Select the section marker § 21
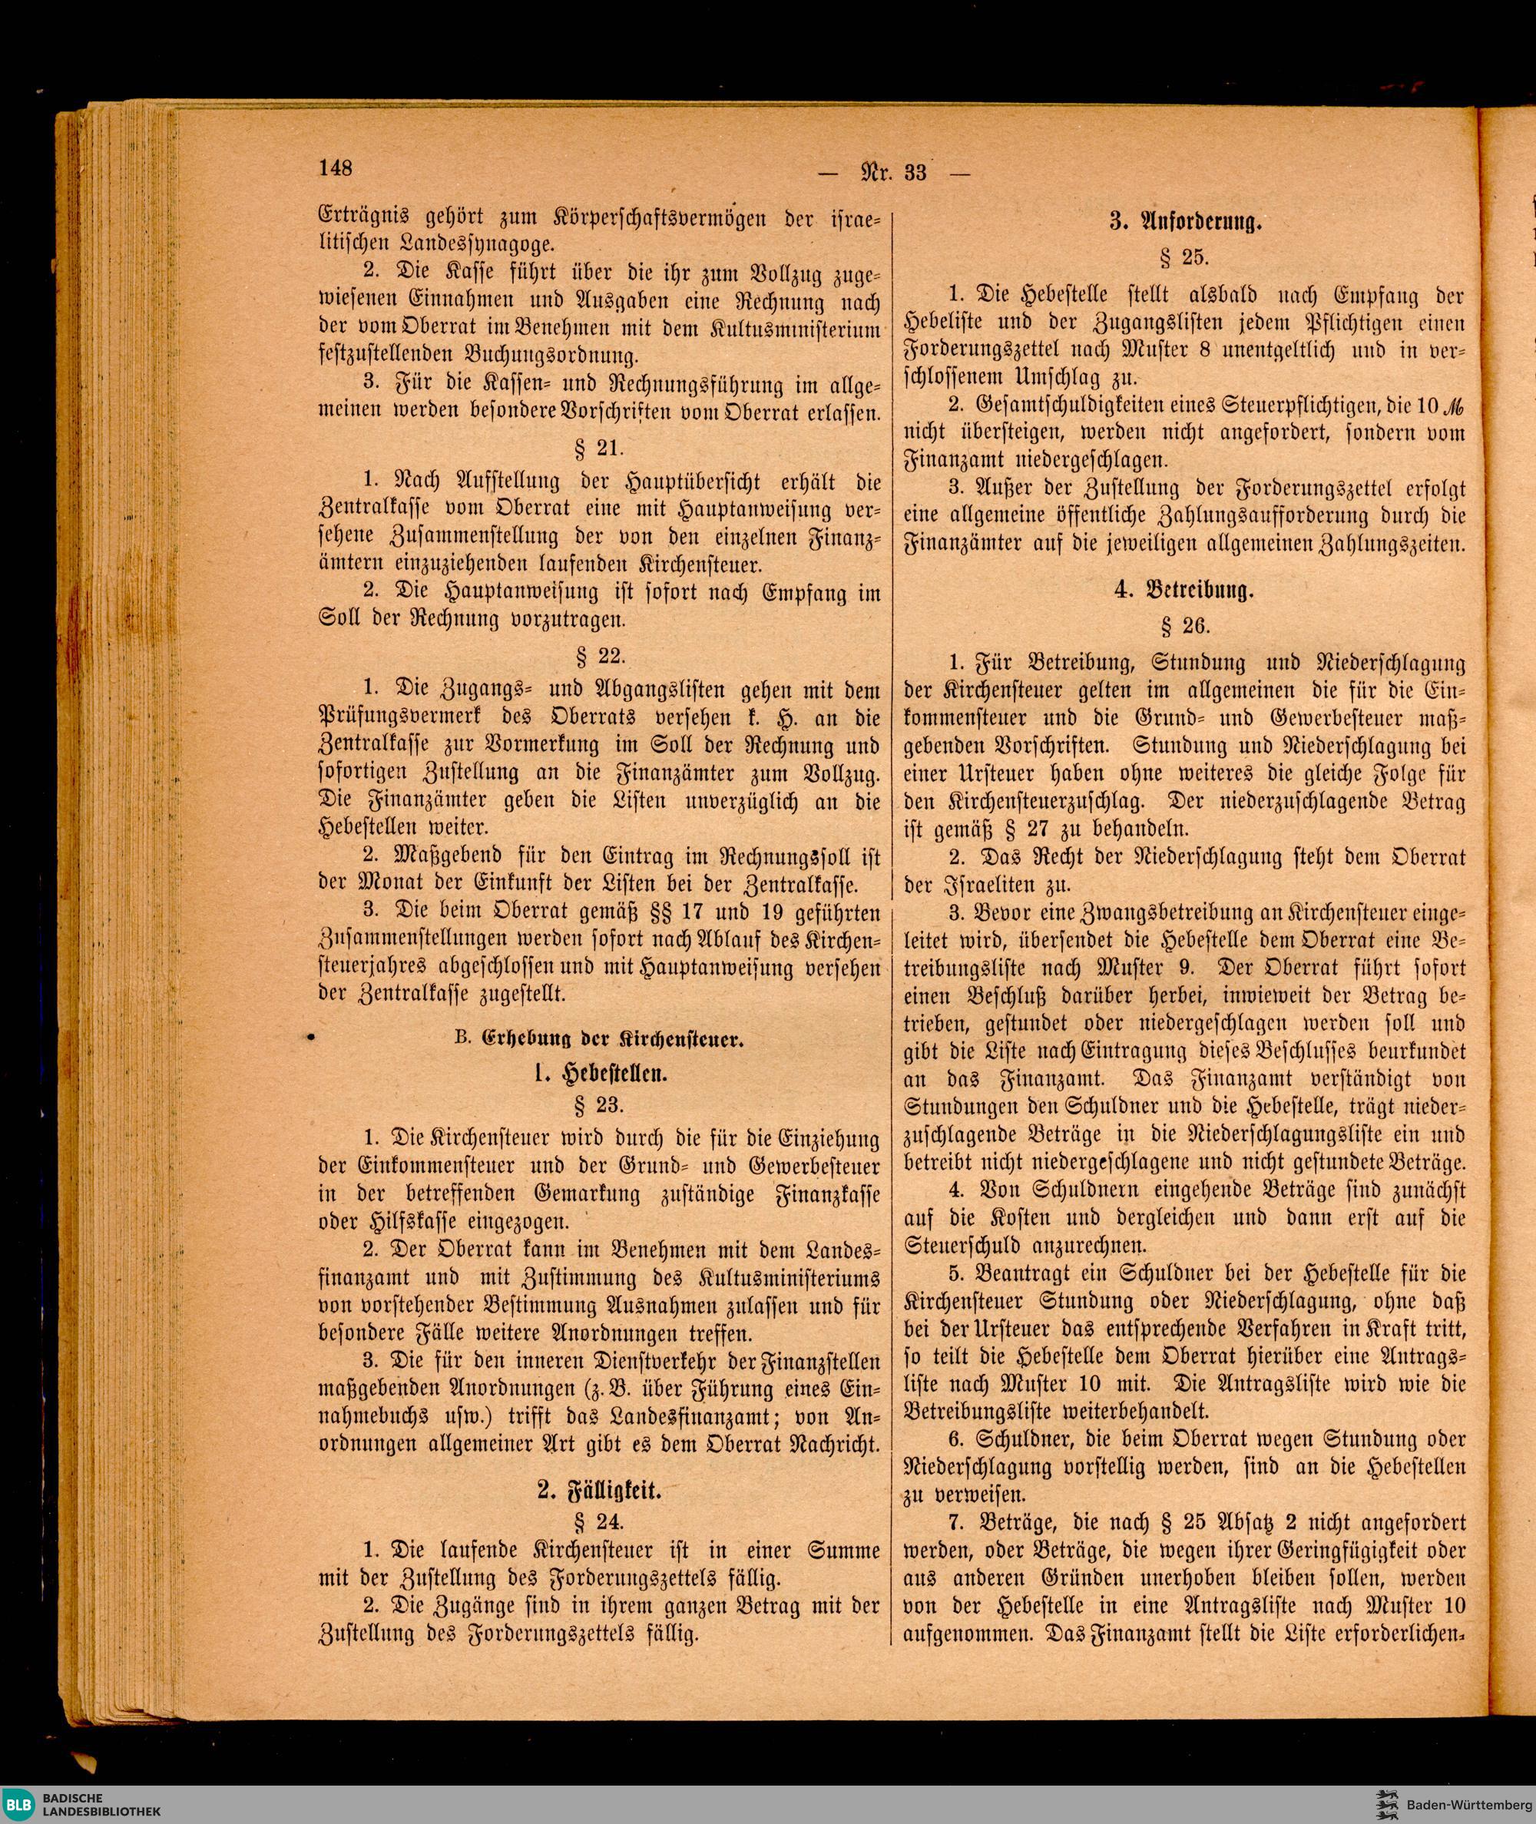598,449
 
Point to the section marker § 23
598,1105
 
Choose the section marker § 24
598,1521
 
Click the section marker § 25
1183,258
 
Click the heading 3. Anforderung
1183,223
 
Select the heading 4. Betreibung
1184,591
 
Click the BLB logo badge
18,1802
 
